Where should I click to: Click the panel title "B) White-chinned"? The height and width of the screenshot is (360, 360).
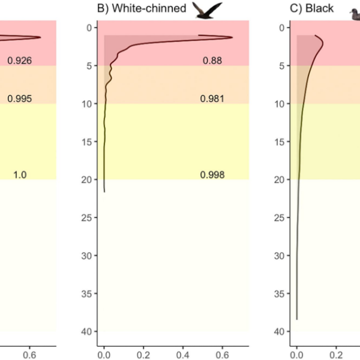coord(142,8)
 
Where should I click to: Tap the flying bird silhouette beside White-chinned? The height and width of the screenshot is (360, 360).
coord(208,9)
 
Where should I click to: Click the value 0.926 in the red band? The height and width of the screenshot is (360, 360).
coord(19,61)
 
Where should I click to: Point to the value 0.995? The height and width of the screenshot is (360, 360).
coord(19,99)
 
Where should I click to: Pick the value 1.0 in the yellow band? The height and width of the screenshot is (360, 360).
coord(20,175)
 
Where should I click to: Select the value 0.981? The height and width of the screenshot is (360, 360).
coord(212,99)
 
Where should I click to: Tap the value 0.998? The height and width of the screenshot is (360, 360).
coord(212,175)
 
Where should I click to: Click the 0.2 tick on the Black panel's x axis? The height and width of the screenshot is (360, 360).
coord(337,355)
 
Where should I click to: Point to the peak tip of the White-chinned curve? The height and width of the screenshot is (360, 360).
coord(232,37)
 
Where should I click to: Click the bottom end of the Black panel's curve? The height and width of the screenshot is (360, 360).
coord(297,319)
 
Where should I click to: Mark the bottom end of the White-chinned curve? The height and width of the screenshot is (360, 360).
coord(104,192)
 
